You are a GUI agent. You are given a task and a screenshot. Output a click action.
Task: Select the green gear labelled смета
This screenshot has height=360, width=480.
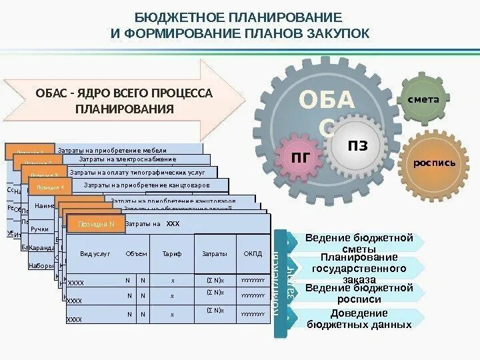[423, 99]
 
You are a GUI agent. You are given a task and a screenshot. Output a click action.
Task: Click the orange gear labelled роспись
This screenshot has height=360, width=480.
[434, 163]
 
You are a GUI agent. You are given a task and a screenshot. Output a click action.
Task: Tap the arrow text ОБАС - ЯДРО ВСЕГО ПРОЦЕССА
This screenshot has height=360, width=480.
[124, 93]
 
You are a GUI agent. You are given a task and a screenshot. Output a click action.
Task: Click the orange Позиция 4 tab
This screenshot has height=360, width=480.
[51, 187]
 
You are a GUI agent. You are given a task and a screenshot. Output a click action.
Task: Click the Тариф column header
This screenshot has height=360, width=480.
[171, 254]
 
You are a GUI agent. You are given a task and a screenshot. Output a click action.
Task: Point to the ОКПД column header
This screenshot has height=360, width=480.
[253, 254]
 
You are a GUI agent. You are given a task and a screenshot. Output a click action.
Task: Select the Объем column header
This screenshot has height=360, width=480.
[135, 254]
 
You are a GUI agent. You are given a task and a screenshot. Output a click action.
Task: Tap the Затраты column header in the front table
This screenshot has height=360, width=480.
[215, 254]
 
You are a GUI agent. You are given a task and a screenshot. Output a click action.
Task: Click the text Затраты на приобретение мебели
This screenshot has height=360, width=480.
[112, 151]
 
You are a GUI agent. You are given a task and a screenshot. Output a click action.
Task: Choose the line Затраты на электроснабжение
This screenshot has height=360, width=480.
[127, 159]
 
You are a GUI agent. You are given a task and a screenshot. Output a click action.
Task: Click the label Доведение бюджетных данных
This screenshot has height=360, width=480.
[359, 319]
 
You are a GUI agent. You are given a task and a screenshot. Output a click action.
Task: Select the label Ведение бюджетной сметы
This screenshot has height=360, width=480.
[359, 243]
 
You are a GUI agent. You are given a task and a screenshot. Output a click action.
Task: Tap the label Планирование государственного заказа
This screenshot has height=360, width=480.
[359, 268]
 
